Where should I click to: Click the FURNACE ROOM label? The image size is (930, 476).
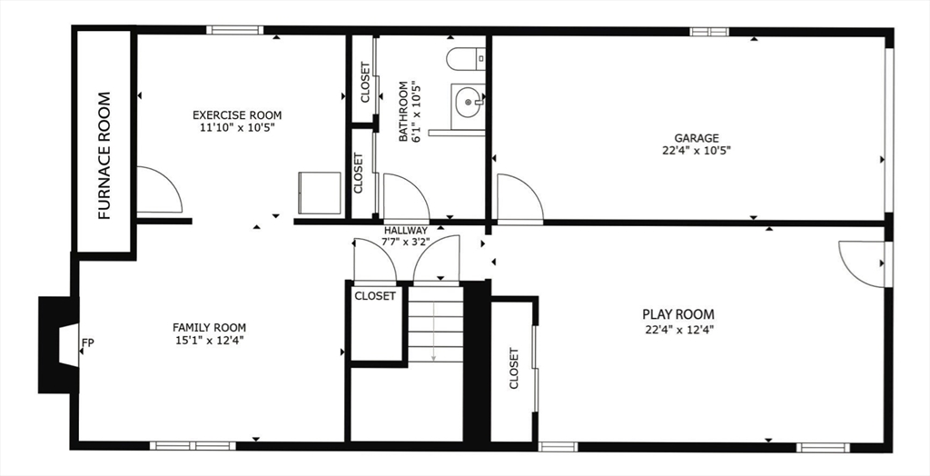coord(104,155)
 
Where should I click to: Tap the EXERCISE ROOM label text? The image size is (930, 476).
coord(237,115)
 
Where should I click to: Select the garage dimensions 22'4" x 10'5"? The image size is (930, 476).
coord(697,151)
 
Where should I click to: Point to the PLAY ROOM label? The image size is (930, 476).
coord(678,314)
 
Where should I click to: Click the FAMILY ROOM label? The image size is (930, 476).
coord(210,328)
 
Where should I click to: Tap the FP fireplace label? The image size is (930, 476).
coord(88,342)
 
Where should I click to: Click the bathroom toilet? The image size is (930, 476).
coord(466,59)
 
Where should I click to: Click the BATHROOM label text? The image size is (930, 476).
coord(404,111)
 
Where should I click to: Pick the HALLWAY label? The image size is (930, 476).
coord(406,231)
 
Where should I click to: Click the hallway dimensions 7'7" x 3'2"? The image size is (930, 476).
coord(406,242)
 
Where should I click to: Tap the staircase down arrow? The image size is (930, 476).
coord(433,332)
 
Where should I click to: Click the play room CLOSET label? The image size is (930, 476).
coord(514,368)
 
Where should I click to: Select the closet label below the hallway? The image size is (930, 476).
coord(375,295)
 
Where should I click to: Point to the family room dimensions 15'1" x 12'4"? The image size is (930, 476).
coord(209,340)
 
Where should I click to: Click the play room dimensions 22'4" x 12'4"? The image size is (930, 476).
coord(679,329)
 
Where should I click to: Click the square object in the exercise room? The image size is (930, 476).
coord(320,193)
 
